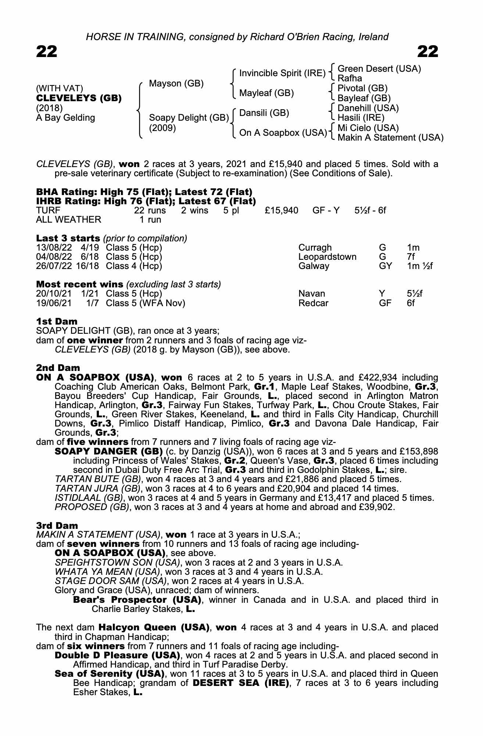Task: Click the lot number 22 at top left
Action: coord(47,52)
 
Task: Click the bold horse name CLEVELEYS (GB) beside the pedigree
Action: coord(79,98)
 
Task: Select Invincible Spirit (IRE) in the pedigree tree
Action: coord(282,73)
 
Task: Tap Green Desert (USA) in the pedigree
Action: coord(379,69)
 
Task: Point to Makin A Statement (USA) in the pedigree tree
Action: coord(390,138)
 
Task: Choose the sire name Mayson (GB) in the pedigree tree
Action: coord(176,84)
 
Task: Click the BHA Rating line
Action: coord(144,192)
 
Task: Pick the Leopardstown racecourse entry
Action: coord(327,257)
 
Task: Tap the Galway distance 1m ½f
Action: coord(420,266)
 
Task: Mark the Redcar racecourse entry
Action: coord(313,303)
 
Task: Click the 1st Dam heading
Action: coord(57,322)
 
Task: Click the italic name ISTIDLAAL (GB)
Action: coord(88,498)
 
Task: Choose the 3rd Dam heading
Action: coord(57,526)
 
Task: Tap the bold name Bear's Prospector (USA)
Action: coord(137,600)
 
